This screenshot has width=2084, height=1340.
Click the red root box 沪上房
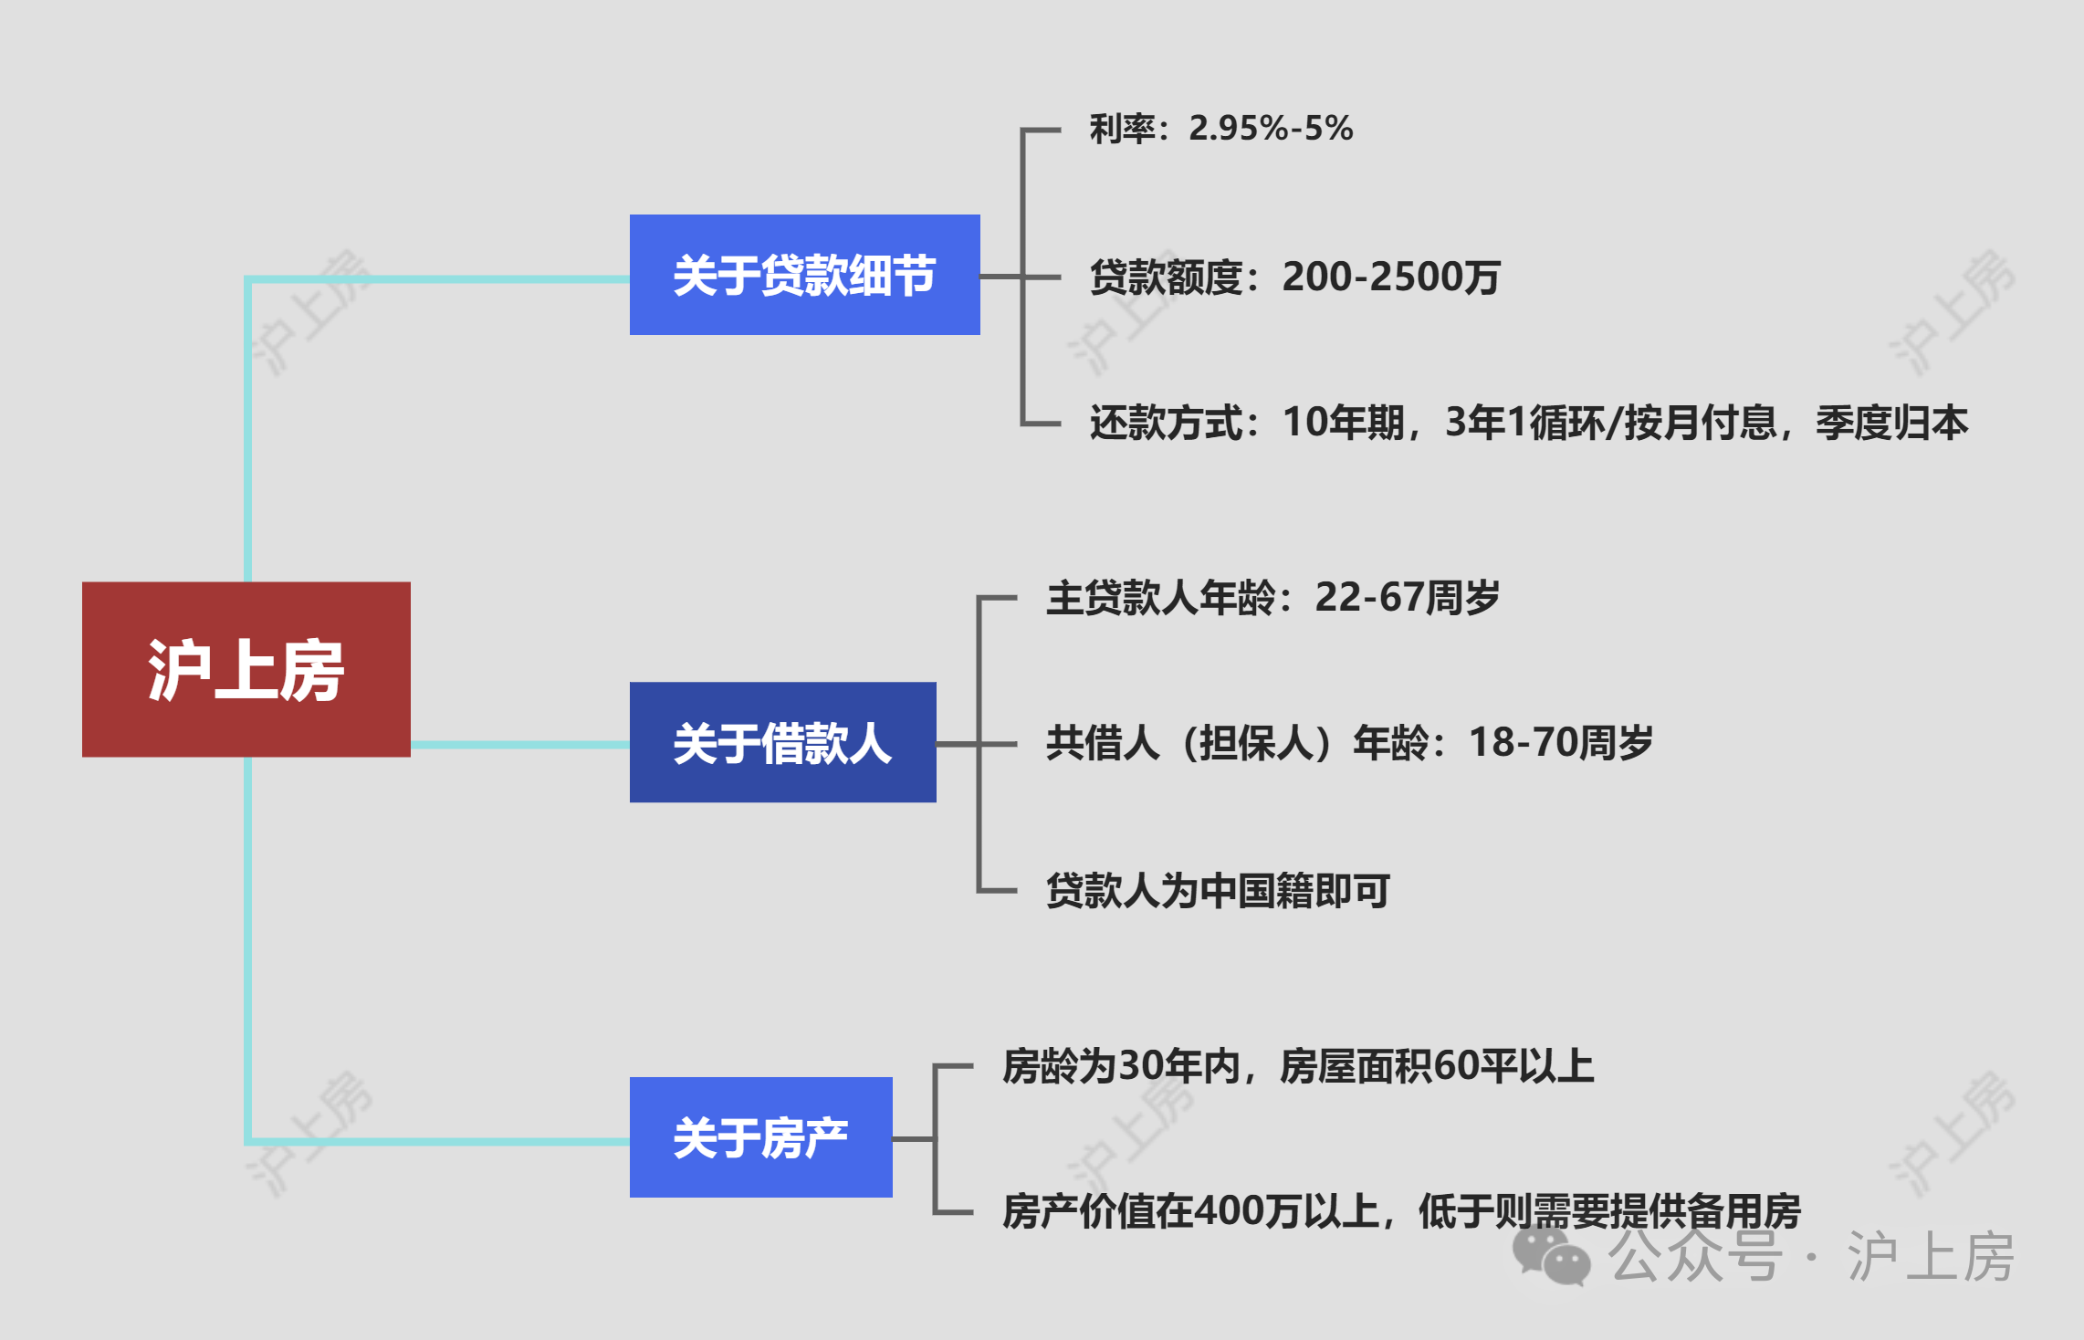tap(246, 669)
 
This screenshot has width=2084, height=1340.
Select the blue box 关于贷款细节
tap(804, 275)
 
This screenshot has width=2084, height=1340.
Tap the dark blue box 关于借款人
tap(782, 742)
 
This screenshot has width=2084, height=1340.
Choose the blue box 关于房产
tap(760, 1137)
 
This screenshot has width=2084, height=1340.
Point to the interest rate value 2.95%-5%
tap(1271, 129)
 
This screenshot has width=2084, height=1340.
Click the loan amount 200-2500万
tap(1391, 277)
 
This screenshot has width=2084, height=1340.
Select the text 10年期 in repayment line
tap(1343, 423)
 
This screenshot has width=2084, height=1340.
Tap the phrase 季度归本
tap(1891, 423)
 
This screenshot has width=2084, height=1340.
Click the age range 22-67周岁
tap(1407, 598)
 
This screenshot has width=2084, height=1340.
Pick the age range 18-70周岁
tap(1560, 743)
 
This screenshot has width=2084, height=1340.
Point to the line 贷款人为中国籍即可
tap(1218, 891)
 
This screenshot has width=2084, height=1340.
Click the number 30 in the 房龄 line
tap(1141, 1066)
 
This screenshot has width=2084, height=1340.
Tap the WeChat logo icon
tap(1551, 1256)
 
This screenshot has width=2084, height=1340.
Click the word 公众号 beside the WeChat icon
tap(1694, 1257)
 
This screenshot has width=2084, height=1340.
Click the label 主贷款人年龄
tap(1160, 598)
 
